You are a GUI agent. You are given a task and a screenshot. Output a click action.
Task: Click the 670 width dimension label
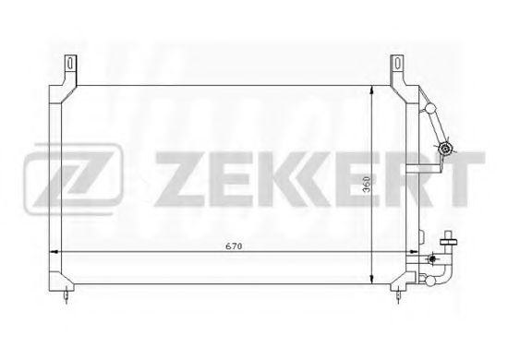234,246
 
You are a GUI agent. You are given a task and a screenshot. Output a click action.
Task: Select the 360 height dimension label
367,185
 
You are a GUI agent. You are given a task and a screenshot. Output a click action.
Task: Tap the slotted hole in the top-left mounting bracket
70,63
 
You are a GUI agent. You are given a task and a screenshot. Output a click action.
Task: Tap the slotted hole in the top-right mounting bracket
397,63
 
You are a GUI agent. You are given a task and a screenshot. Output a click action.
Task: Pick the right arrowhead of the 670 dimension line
415,251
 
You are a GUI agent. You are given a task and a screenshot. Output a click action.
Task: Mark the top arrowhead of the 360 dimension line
372,90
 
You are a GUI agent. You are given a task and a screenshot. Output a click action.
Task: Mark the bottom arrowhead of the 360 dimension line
372,280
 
